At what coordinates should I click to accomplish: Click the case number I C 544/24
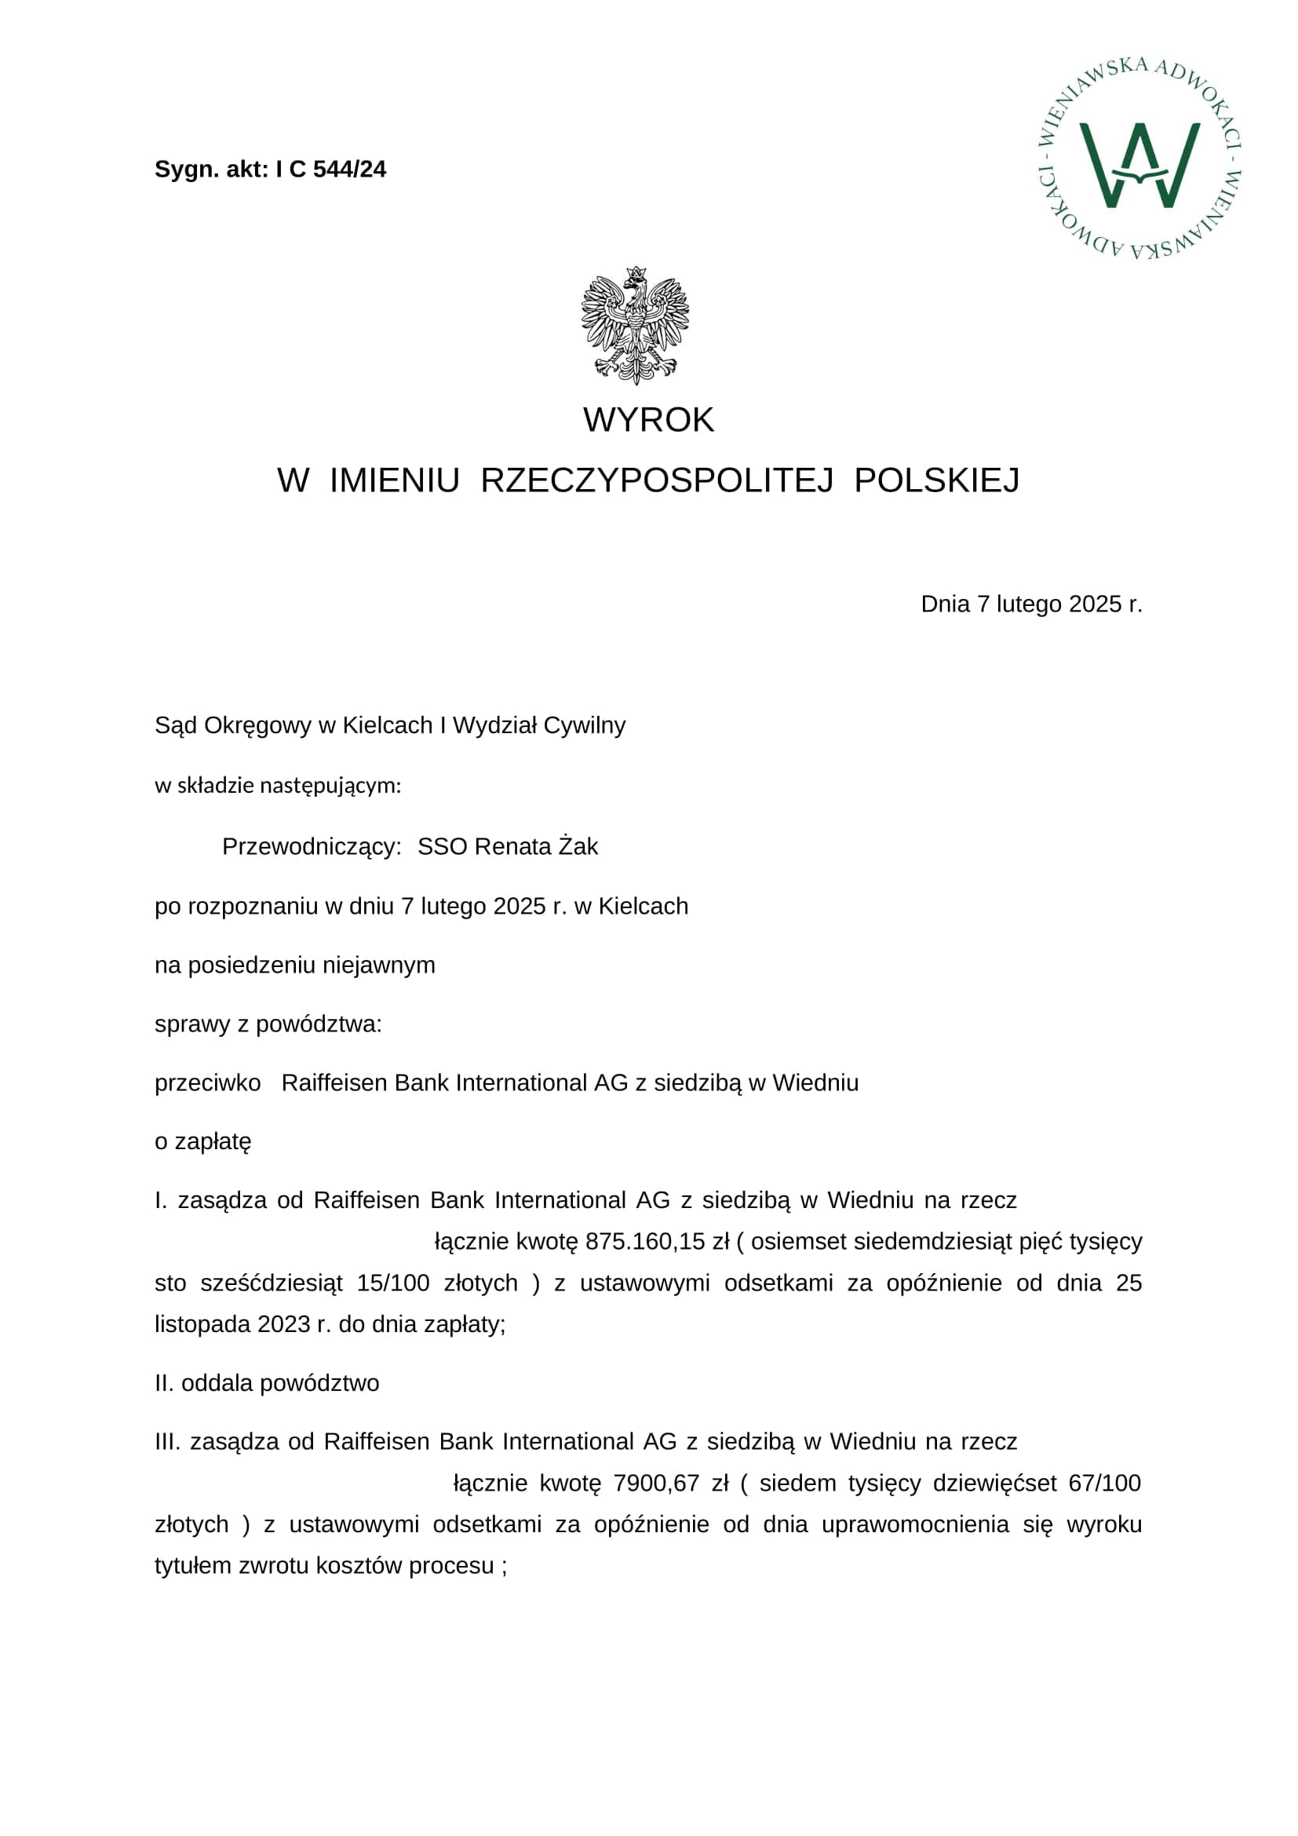(330, 170)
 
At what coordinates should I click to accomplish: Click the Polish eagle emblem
(636, 325)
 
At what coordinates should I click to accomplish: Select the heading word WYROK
(648, 420)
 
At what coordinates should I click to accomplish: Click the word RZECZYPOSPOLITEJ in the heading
(657, 480)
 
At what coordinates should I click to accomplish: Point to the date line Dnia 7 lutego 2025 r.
(1031, 604)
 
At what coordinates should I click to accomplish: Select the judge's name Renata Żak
(536, 847)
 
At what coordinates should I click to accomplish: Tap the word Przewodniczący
(311, 847)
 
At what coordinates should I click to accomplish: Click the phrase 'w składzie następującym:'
(277, 786)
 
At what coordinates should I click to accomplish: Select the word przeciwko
(208, 1083)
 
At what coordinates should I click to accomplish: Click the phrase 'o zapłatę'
(203, 1142)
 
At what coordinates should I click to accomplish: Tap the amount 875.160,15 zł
(657, 1242)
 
